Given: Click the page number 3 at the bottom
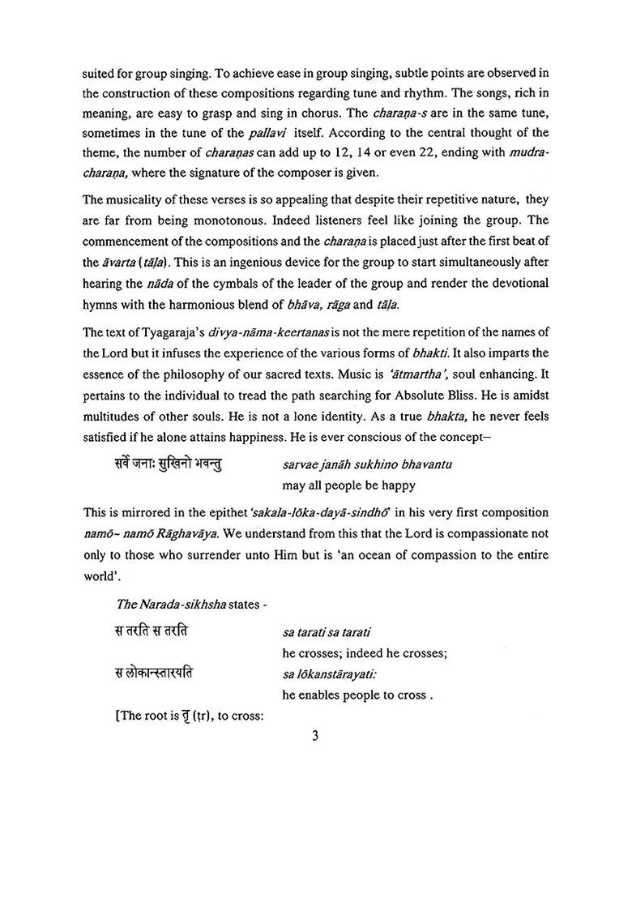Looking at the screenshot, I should click(x=317, y=736).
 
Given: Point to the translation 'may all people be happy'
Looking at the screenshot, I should click(x=348, y=485).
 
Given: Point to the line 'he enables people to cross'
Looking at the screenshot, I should click(x=353, y=695).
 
